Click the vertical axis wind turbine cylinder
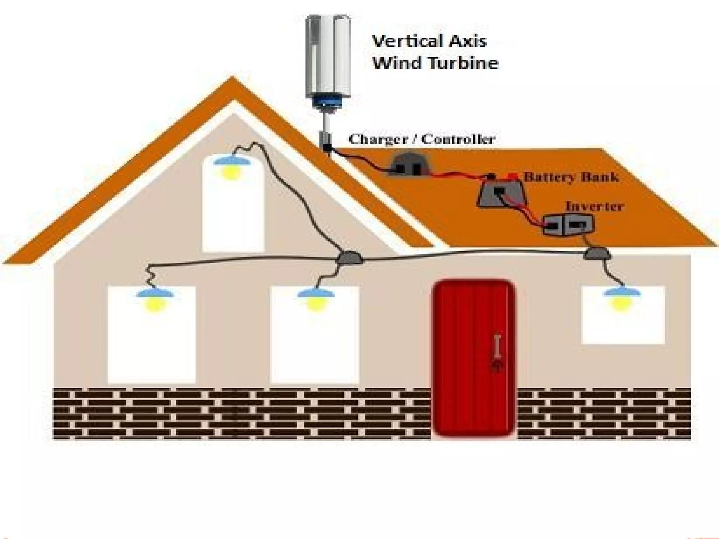click(x=328, y=56)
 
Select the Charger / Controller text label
click(x=422, y=139)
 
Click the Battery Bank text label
click(x=571, y=177)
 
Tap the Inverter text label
click(x=595, y=206)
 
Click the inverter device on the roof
click(x=568, y=225)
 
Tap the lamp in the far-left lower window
click(x=155, y=299)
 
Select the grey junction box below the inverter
click(x=596, y=253)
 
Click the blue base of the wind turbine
click(x=328, y=103)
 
